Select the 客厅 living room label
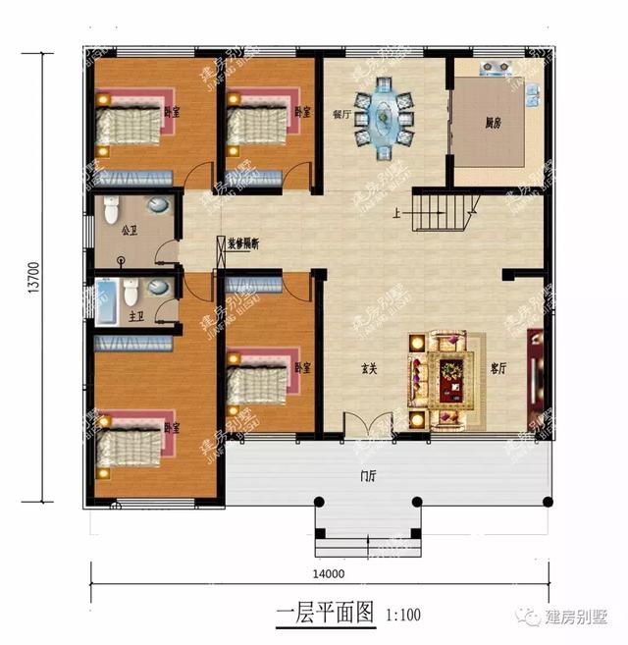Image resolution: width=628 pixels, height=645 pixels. coord(498,368)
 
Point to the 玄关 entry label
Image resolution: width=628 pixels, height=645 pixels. coord(369,369)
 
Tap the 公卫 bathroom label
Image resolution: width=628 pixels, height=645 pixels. coord(130,233)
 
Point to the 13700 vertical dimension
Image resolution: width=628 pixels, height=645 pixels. coord(33,276)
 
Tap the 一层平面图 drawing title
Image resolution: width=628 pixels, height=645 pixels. coord(326,616)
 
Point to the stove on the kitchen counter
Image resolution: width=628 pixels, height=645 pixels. coord(495,69)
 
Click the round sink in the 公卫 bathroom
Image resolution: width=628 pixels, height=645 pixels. coord(157,206)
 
